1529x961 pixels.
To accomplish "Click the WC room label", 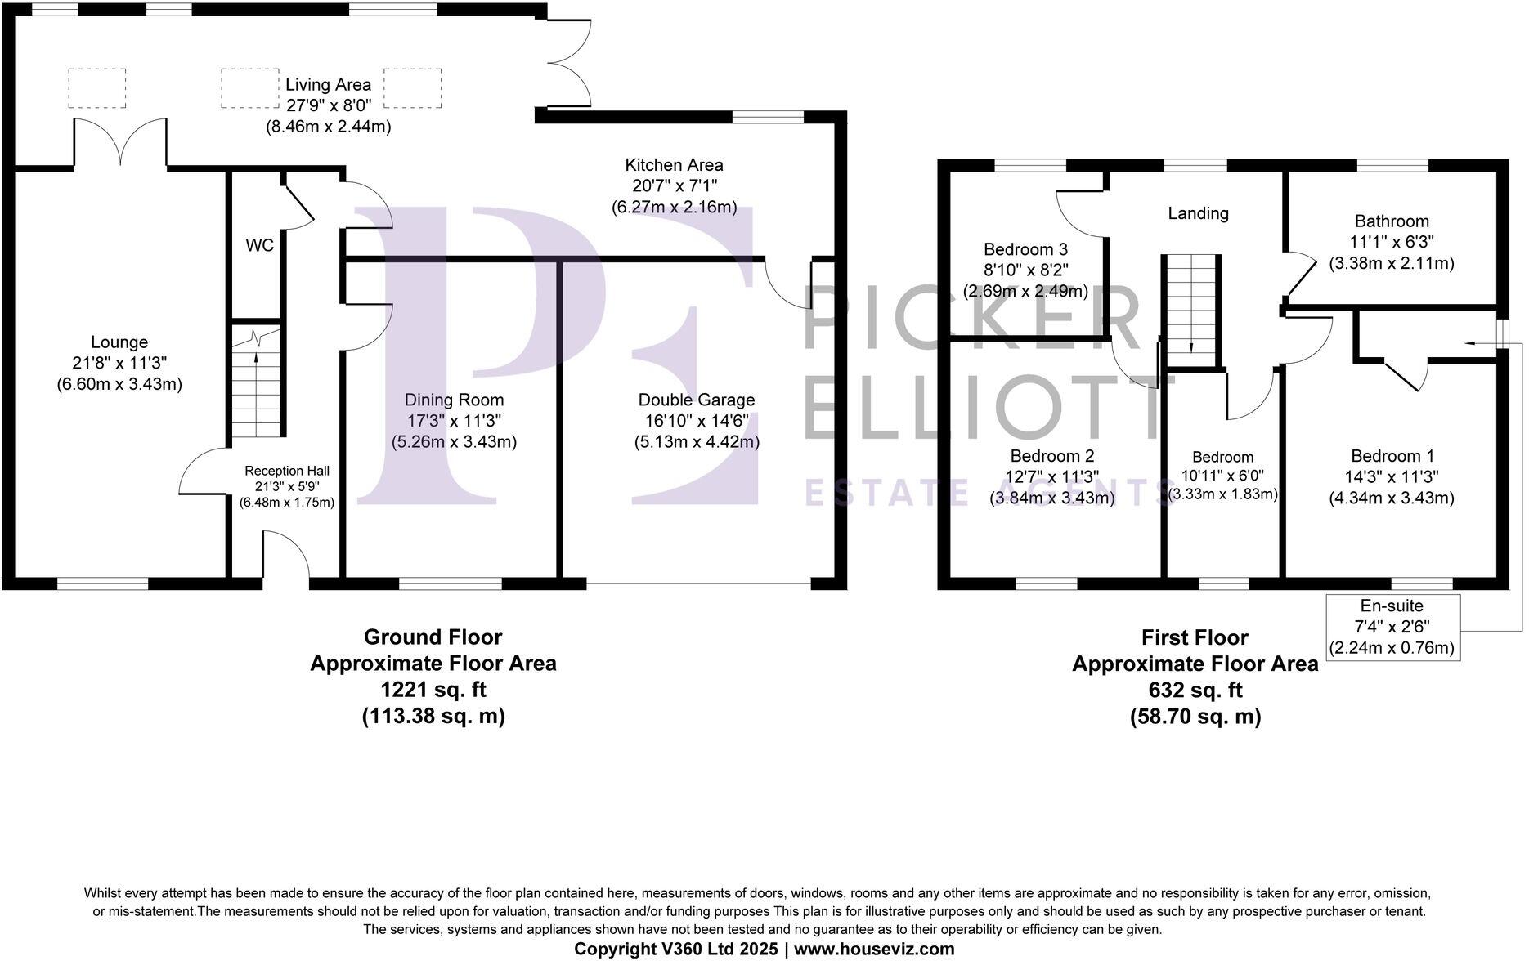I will tap(260, 245).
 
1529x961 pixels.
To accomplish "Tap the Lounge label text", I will tap(119, 342).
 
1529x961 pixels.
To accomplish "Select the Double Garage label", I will tap(697, 400).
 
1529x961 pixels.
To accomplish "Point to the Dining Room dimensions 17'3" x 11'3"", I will tap(454, 421).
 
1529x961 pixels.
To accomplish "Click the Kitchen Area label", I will tap(675, 165).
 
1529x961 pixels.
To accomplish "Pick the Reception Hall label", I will tap(287, 471).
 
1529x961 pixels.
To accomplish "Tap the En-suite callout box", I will tap(1392, 627).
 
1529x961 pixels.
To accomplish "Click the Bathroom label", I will tap(1392, 221).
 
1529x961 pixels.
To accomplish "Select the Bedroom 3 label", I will tap(1025, 249).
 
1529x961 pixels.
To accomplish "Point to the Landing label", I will tap(1198, 213).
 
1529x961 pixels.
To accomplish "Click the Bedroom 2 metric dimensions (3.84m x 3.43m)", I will tap(1052, 498).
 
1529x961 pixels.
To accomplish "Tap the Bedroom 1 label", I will tap(1392, 456).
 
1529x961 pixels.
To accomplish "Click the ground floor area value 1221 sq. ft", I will tap(433, 690).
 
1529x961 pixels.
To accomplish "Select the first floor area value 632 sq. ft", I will tap(1195, 691).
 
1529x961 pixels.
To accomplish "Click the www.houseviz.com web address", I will tap(874, 949).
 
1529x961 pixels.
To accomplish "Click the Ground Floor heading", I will tap(433, 637).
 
